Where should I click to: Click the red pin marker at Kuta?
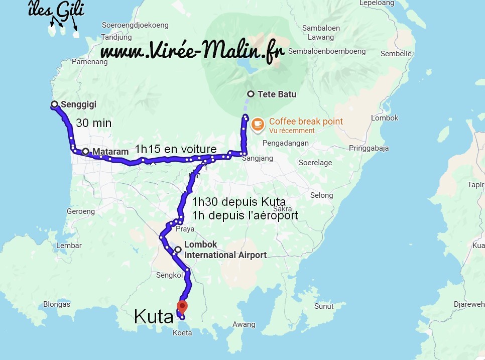point(183,306)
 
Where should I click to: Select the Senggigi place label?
point(78,105)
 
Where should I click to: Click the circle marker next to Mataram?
point(86,151)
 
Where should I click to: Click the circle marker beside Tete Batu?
point(251,94)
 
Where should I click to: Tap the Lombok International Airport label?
point(225,250)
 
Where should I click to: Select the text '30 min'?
point(94,123)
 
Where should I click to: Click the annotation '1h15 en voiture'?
point(176,149)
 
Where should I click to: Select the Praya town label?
point(185,229)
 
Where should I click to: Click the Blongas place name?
point(57,304)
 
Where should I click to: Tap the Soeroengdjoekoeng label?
point(135,25)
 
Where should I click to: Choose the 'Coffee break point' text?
point(306,121)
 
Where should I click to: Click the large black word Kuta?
point(154,316)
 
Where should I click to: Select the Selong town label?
point(321,195)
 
